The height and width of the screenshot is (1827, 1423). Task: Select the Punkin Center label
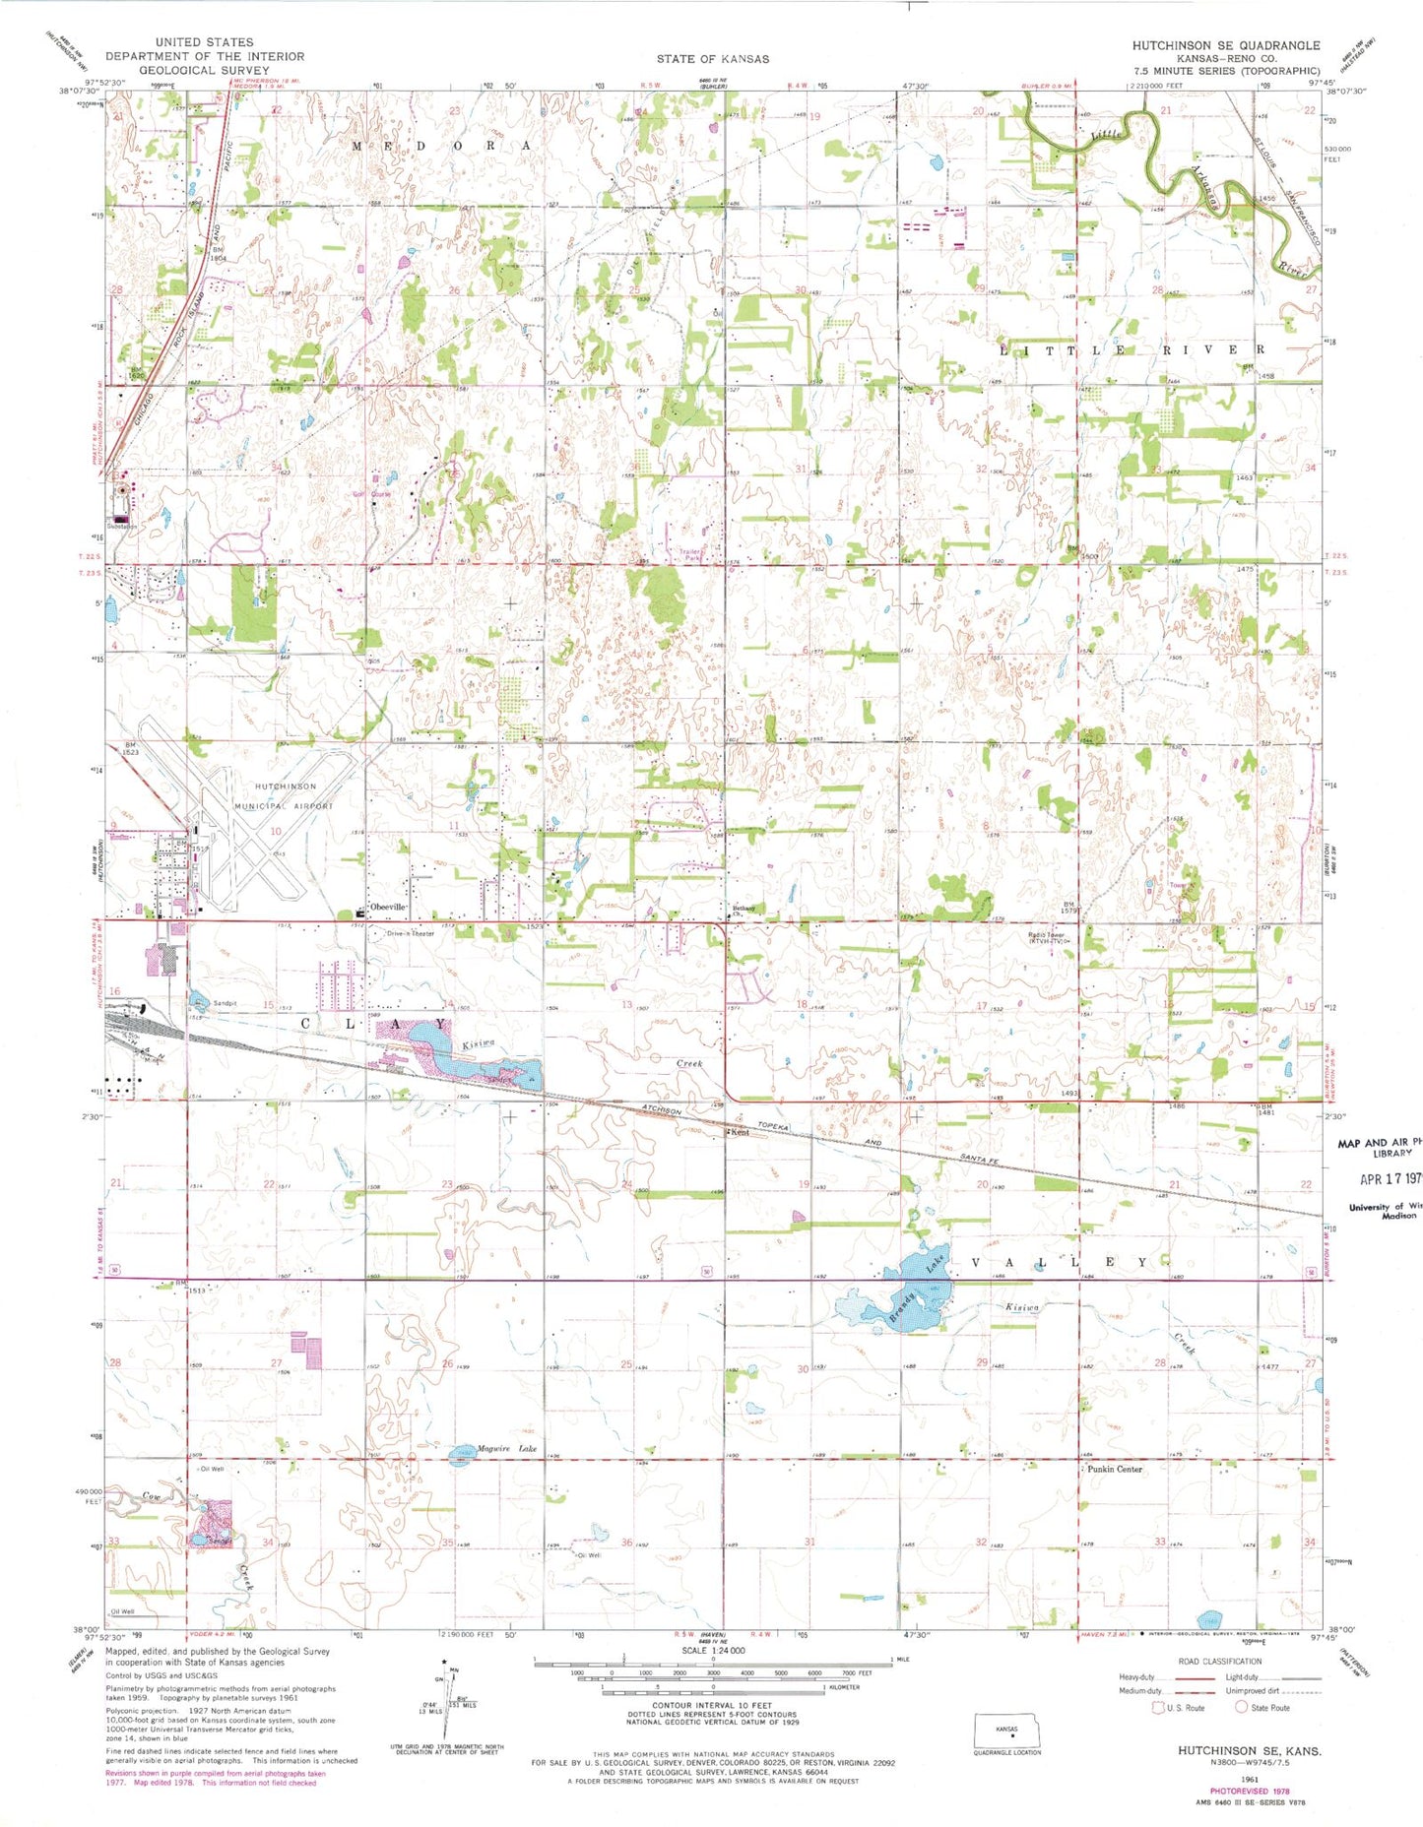1115,1469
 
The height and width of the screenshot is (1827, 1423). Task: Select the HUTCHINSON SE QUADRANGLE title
1225,45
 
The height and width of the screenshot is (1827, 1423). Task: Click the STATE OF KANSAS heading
712,59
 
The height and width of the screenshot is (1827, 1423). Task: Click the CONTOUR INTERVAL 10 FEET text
711,1704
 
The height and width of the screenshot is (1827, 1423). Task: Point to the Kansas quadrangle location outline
1005,1730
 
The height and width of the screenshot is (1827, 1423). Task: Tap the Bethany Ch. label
744,909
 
